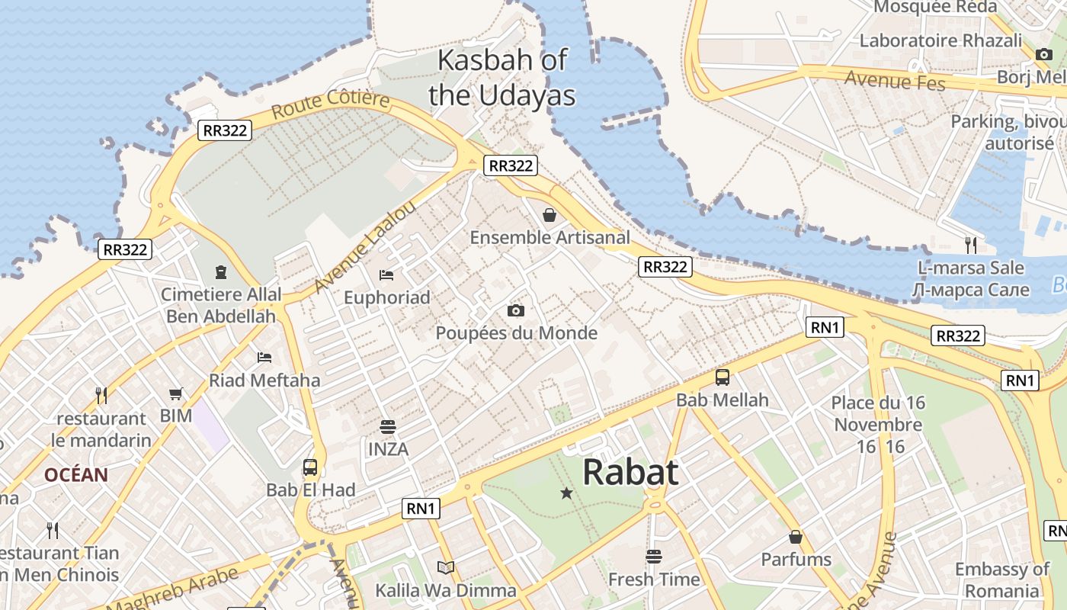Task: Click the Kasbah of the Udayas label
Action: (x=501, y=78)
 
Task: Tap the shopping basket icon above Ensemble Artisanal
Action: (x=549, y=215)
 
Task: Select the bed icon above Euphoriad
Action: (x=386, y=274)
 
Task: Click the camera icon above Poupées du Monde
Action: (x=516, y=310)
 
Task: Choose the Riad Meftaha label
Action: (x=264, y=380)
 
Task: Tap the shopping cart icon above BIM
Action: (x=176, y=393)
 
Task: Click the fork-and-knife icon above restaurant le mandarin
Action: (x=101, y=395)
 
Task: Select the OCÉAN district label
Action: (x=75, y=475)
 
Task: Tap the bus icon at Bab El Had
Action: (x=309, y=467)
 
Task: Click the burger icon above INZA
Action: (x=388, y=426)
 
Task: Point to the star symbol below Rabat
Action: (x=566, y=493)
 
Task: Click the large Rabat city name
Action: (x=630, y=472)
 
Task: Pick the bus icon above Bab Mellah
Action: (x=722, y=377)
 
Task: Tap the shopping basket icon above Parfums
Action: (x=796, y=537)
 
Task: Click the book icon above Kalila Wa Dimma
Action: (x=446, y=567)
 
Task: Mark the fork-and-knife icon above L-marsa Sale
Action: (x=970, y=245)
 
